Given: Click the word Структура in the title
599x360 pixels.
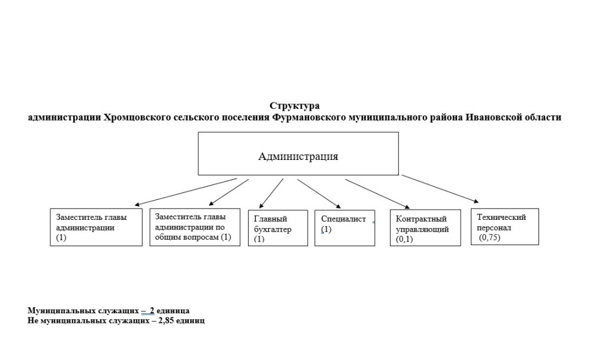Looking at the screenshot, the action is pos(295,105).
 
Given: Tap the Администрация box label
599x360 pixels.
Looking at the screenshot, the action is pos(298,156).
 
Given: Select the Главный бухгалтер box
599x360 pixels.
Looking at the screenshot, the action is pos(278,228).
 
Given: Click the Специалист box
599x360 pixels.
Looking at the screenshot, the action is pos(344,228).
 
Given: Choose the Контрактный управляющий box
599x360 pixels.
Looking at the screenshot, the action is pos(425,228).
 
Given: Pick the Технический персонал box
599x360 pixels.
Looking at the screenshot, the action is pos(504,226).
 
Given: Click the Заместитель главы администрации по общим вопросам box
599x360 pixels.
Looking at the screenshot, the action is pos(195,227).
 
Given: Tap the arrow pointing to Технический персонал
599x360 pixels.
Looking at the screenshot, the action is pos(440,189).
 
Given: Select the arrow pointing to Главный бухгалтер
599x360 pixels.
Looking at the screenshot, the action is pos(271,193).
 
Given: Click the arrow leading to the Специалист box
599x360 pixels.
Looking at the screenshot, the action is pos(319,193).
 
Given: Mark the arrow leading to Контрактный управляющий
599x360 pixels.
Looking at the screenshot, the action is pos(377,193).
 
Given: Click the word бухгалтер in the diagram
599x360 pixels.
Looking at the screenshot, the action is pos(273,229).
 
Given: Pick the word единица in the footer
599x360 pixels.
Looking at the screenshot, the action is pos(173,311).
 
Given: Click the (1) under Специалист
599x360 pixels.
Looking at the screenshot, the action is pos(326,229).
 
